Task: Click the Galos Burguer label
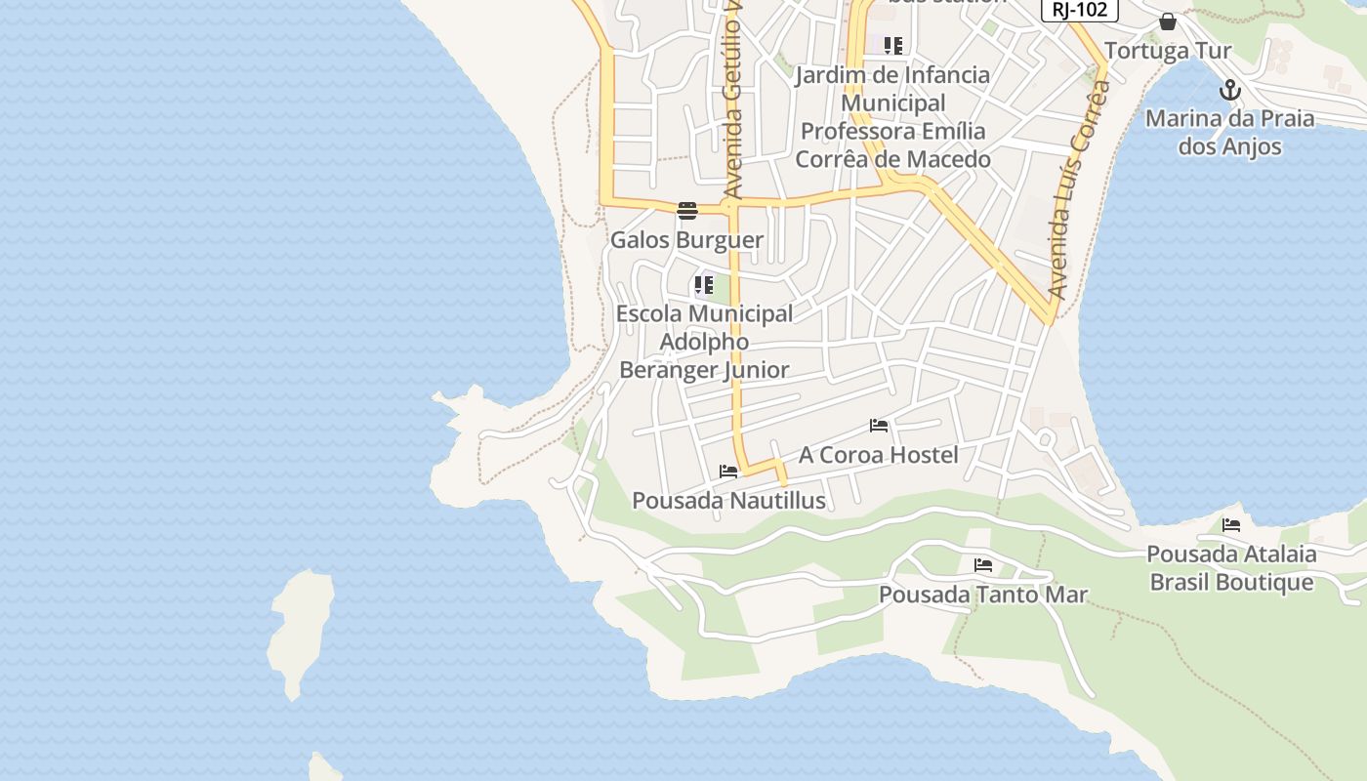click(686, 240)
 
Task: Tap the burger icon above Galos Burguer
click(687, 211)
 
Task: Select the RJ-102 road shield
click(1079, 9)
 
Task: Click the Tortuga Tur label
click(1168, 51)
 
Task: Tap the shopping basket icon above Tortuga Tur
click(1168, 21)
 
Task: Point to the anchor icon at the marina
click(1230, 91)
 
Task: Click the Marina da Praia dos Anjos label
click(1229, 133)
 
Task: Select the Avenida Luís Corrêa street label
click(1080, 190)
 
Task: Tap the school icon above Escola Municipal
click(704, 285)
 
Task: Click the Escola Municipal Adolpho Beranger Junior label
click(704, 342)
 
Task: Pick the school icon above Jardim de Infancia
click(893, 45)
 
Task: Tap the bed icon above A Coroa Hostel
click(879, 426)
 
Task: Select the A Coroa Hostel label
click(879, 455)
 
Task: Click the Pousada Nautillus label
click(728, 501)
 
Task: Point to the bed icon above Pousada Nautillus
click(728, 472)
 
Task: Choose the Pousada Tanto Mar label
click(983, 595)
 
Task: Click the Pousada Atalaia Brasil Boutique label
click(1231, 568)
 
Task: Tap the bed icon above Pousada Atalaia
click(1231, 525)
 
